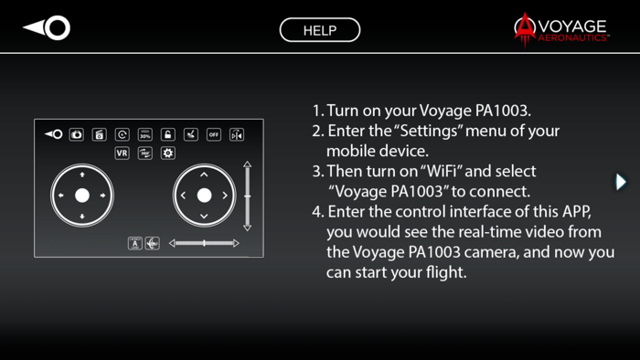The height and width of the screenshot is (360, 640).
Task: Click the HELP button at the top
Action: [x=320, y=30]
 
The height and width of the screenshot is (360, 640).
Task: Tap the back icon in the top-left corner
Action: [x=47, y=28]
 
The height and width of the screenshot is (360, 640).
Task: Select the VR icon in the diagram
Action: [x=122, y=154]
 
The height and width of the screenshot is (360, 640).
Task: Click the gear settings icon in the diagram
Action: [x=168, y=154]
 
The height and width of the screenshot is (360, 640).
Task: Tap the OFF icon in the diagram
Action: [x=213, y=134]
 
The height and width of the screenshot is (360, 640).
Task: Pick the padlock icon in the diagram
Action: [x=168, y=134]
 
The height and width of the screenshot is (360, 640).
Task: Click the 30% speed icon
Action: [x=145, y=134]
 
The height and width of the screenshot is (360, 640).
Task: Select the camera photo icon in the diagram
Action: [x=77, y=134]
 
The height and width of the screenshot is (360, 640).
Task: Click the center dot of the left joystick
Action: [x=82, y=196]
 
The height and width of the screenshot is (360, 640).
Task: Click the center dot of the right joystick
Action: [x=204, y=196]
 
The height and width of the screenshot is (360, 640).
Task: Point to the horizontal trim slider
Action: [x=205, y=243]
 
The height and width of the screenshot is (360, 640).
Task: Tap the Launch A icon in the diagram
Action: [x=135, y=243]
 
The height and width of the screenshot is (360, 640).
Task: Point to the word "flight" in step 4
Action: [x=443, y=271]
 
